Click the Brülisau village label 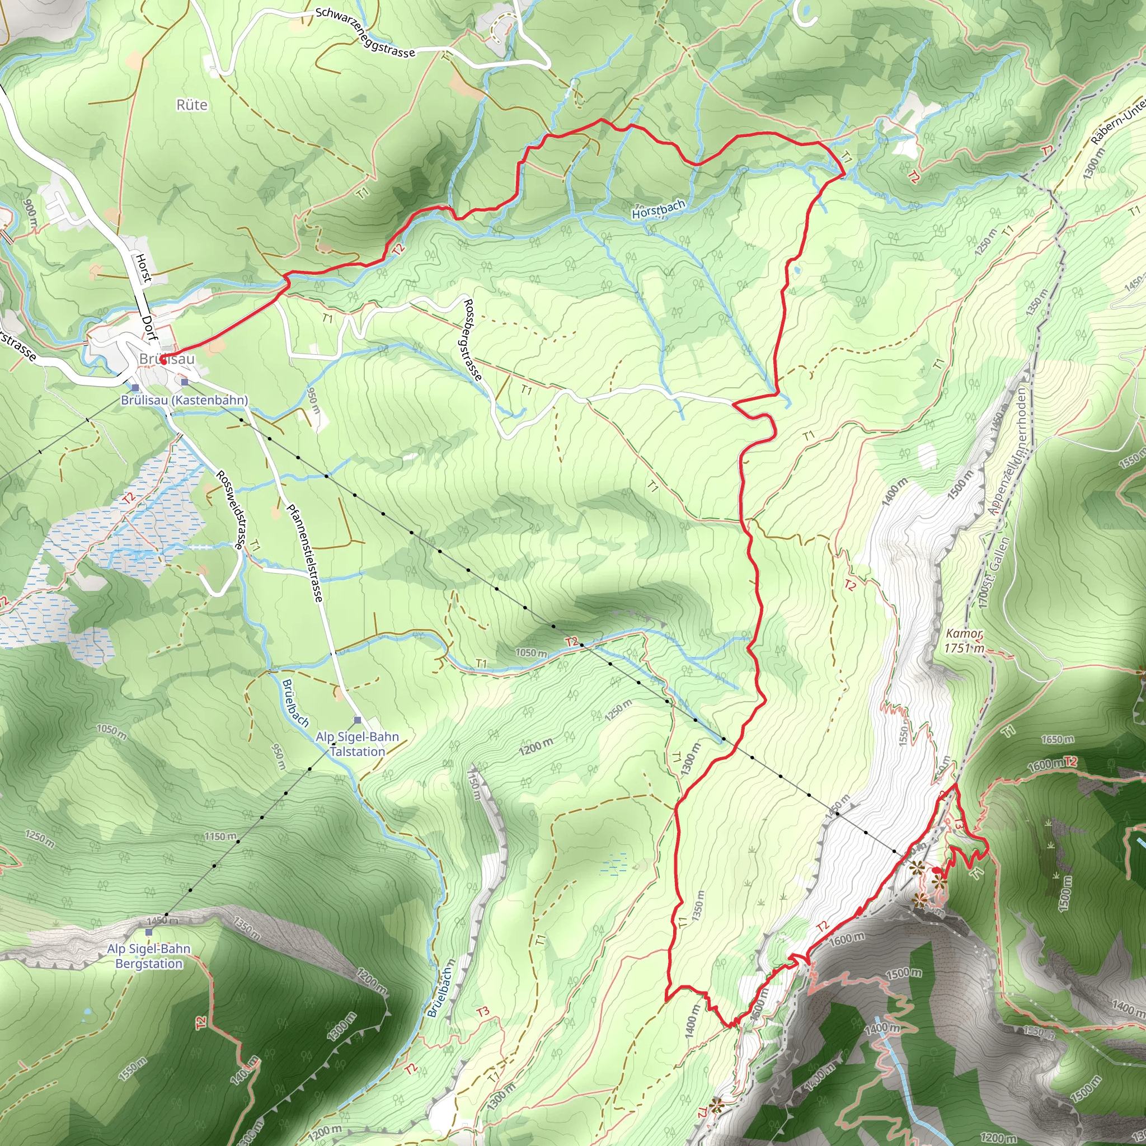[167, 359]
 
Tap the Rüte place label [192, 105]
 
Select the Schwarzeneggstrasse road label [365, 32]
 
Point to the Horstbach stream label [659, 209]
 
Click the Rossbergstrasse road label [472, 340]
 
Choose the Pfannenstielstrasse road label [305, 553]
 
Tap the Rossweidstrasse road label [229, 510]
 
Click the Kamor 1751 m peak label [964, 641]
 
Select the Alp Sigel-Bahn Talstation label [358, 744]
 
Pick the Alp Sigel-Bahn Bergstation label [149, 956]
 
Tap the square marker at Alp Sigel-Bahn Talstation [357, 720]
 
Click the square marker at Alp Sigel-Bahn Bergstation [148, 932]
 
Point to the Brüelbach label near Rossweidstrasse [295, 703]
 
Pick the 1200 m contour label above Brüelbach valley [536, 746]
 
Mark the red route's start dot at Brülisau [162, 358]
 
